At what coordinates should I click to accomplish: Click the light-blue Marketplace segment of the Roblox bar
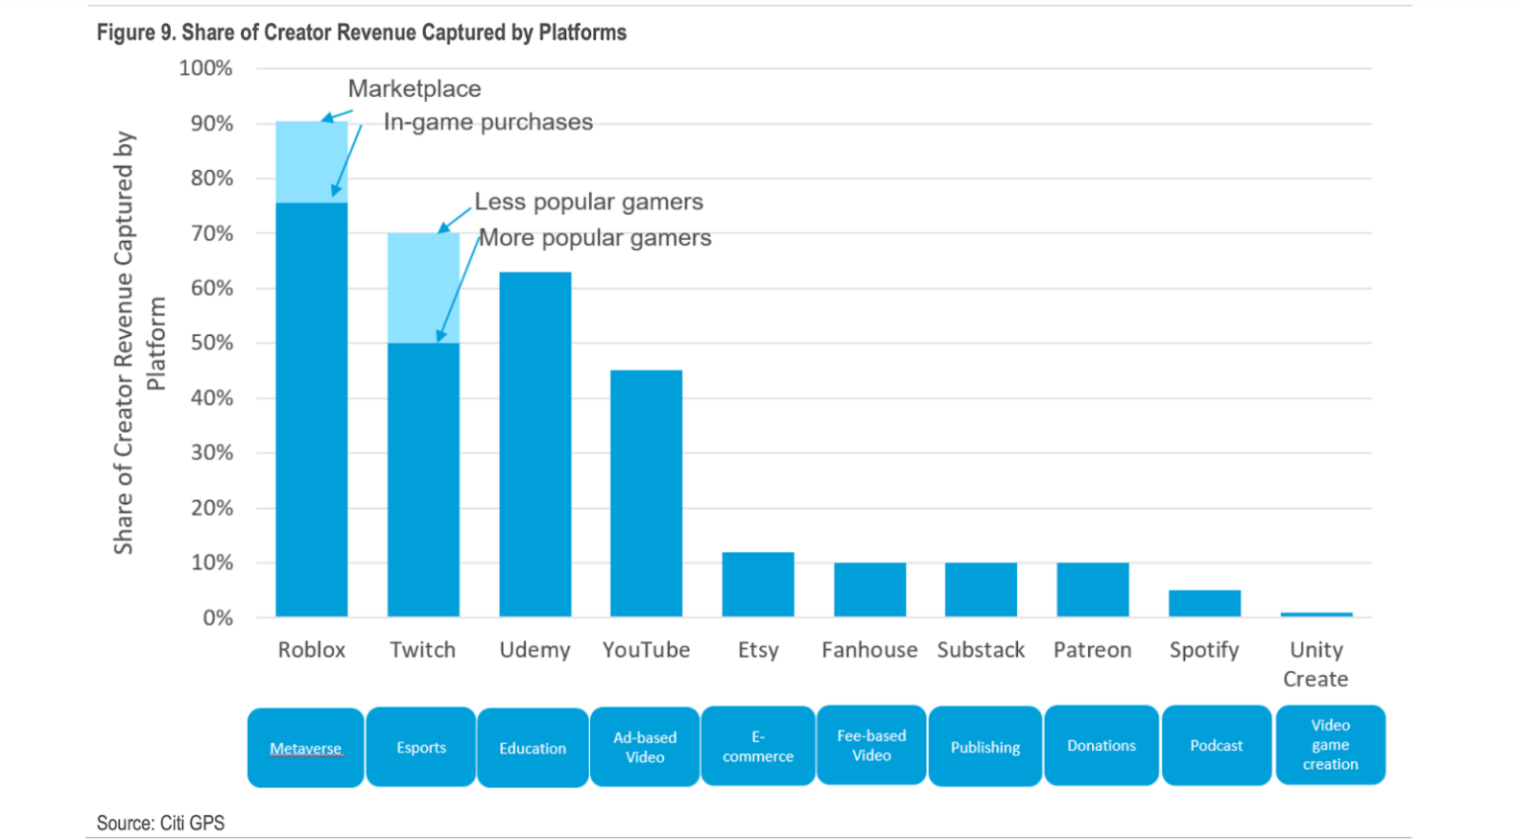pyautogui.click(x=311, y=162)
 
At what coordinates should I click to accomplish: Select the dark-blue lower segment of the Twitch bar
pyautogui.click(x=423, y=479)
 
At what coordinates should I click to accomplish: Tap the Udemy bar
pyautogui.click(x=535, y=445)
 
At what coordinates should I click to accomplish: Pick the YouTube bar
pyautogui.click(x=646, y=493)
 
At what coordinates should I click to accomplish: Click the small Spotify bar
pyautogui.click(x=1204, y=603)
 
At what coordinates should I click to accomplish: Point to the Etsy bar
pyautogui.click(x=758, y=584)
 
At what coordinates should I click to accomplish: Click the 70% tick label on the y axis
pyautogui.click(x=211, y=233)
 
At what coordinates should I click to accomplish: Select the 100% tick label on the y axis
pyautogui.click(x=206, y=68)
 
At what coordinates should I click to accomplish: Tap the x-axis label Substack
pyautogui.click(x=980, y=649)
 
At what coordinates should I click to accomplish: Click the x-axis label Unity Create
pyautogui.click(x=1315, y=663)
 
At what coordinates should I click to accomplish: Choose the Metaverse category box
pyautogui.click(x=305, y=748)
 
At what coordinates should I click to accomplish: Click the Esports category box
pyautogui.click(x=421, y=747)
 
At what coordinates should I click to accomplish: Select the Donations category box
pyautogui.click(x=1101, y=745)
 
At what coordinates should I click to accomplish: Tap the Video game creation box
pyautogui.click(x=1330, y=744)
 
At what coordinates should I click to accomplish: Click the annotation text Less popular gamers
pyautogui.click(x=589, y=202)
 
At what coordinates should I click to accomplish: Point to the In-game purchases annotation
pyautogui.click(x=488, y=122)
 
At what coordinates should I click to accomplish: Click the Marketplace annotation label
pyautogui.click(x=414, y=89)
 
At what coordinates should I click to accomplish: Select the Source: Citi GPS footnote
pyautogui.click(x=160, y=822)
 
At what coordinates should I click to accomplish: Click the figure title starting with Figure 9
pyautogui.click(x=361, y=33)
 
